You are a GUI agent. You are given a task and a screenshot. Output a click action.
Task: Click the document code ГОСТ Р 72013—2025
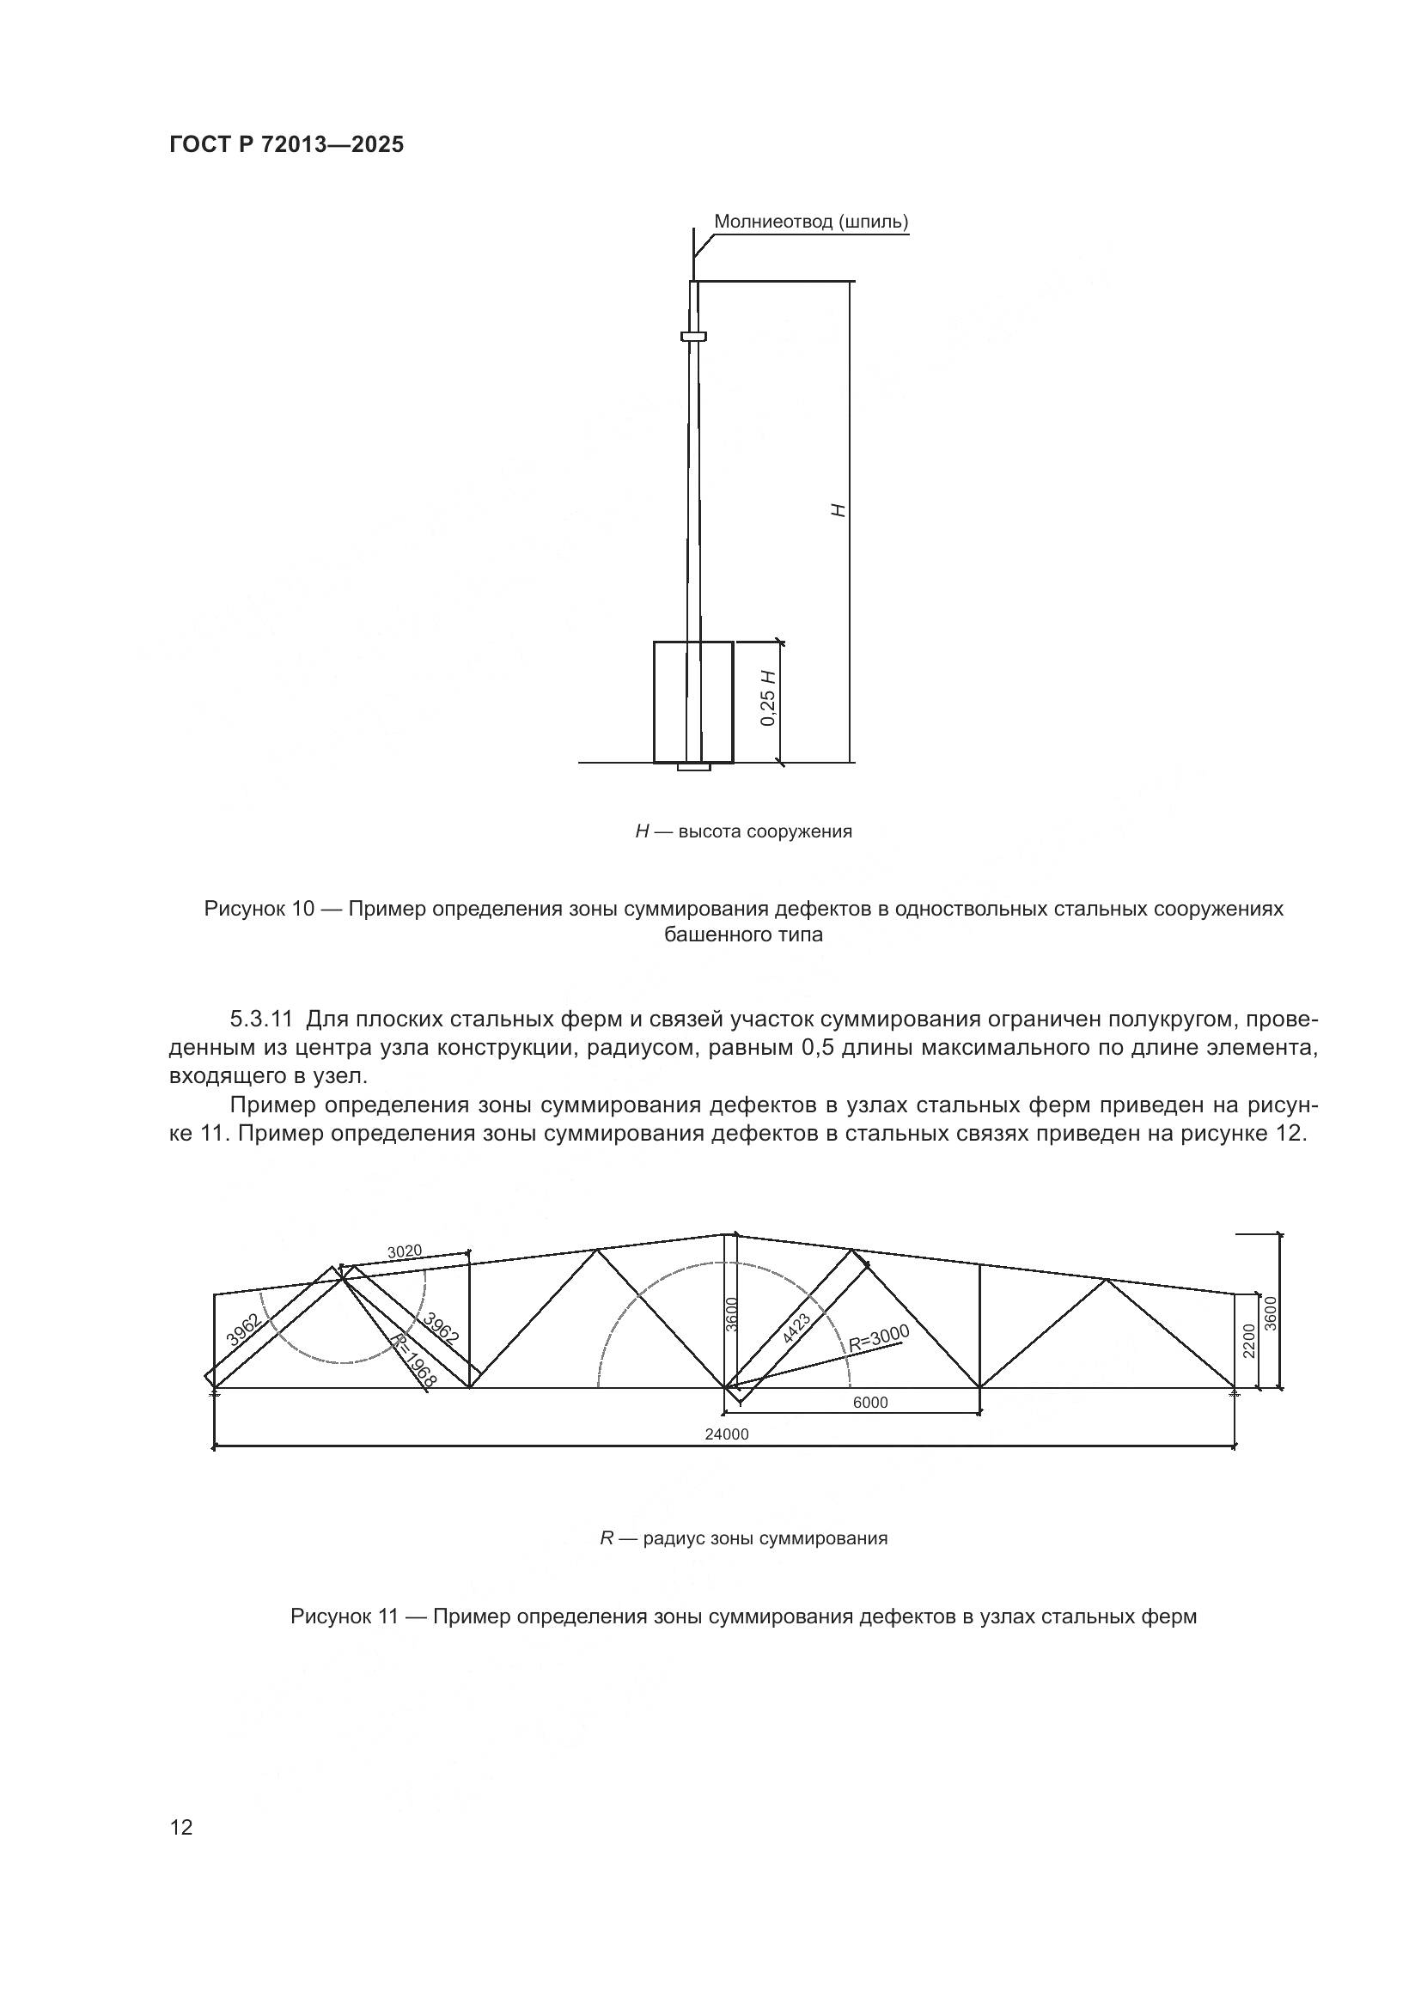pyautogui.click(x=286, y=144)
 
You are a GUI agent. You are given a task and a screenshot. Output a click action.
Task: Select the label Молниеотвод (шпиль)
pyautogui.click(x=811, y=222)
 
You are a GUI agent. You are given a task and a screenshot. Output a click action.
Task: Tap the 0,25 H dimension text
pyautogui.click(x=768, y=698)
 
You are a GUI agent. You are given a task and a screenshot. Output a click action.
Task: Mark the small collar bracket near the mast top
pyautogui.click(x=693, y=337)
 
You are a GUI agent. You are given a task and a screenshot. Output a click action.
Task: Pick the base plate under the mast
pyautogui.click(x=694, y=768)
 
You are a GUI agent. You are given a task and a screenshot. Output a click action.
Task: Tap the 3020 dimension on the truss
pyautogui.click(x=405, y=1251)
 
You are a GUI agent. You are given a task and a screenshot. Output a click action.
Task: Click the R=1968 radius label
pyautogui.click(x=414, y=1360)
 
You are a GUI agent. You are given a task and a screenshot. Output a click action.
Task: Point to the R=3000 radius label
pyautogui.click(x=880, y=1338)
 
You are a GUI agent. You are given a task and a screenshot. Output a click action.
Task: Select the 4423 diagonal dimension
pyautogui.click(x=796, y=1329)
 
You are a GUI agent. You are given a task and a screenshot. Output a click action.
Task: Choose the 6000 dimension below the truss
pyautogui.click(x=869, y=1403)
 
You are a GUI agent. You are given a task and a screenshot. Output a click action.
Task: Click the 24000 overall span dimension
pyautogui.click(x=726, y=1434)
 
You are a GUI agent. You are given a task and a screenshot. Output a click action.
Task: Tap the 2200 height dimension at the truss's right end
pyautogui.click(x=1248, y=1341)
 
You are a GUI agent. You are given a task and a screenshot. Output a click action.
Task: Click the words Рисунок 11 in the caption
pyautogui.click(x=344, y=1616)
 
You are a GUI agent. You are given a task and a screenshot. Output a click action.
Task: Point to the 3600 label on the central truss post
pyautogui.click(x=732, y=1314)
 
